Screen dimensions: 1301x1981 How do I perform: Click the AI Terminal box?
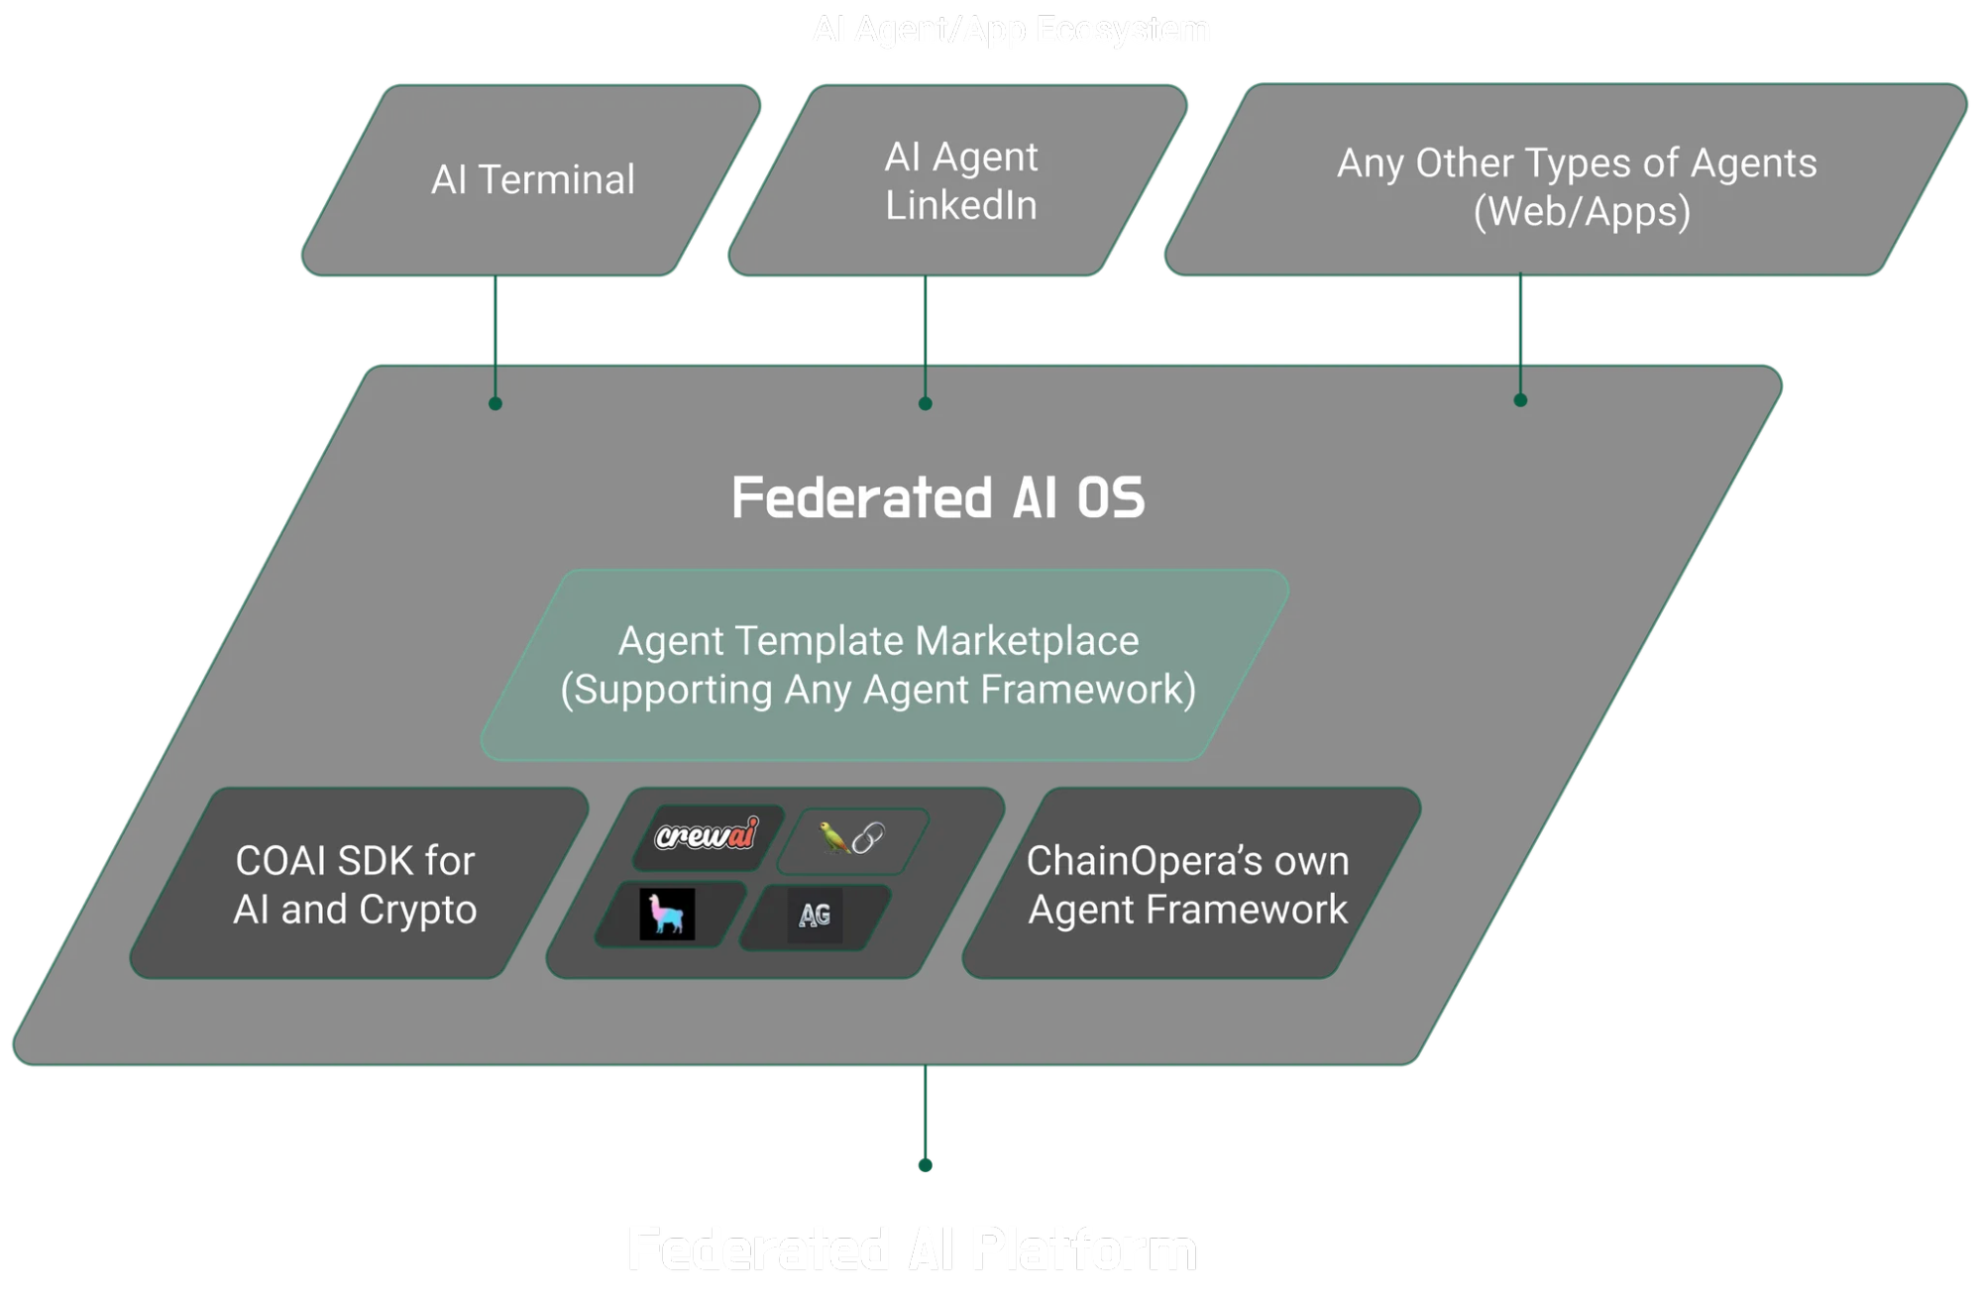coord(532,180)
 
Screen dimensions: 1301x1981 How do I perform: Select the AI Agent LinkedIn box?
coord(959,181)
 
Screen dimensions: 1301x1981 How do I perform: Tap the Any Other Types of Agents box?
coord(1576,186)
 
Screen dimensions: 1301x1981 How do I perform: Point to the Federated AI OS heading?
coord(937,497)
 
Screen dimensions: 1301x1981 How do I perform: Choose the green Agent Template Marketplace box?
coord(880,665)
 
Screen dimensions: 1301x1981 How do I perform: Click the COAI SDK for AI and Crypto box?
coord(355,884)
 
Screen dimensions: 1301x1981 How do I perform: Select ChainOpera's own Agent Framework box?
coord(1187,884)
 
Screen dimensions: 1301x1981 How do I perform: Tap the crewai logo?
coord(707,835)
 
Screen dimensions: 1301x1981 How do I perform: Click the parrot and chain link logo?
coord(851,838)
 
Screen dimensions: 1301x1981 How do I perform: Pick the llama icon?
coord(667,914)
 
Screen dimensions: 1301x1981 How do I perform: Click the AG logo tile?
coord(815,915)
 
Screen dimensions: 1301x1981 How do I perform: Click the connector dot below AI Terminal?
coord(495,403)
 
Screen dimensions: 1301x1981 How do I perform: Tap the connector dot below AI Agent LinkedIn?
coord(925,403)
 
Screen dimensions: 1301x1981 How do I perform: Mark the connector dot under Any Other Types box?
coord(1520,400)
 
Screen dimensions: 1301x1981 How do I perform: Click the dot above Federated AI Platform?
coord(925,1165)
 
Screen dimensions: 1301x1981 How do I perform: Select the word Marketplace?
coord(1027,641)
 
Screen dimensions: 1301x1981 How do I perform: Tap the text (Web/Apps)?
coord(1582,212)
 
